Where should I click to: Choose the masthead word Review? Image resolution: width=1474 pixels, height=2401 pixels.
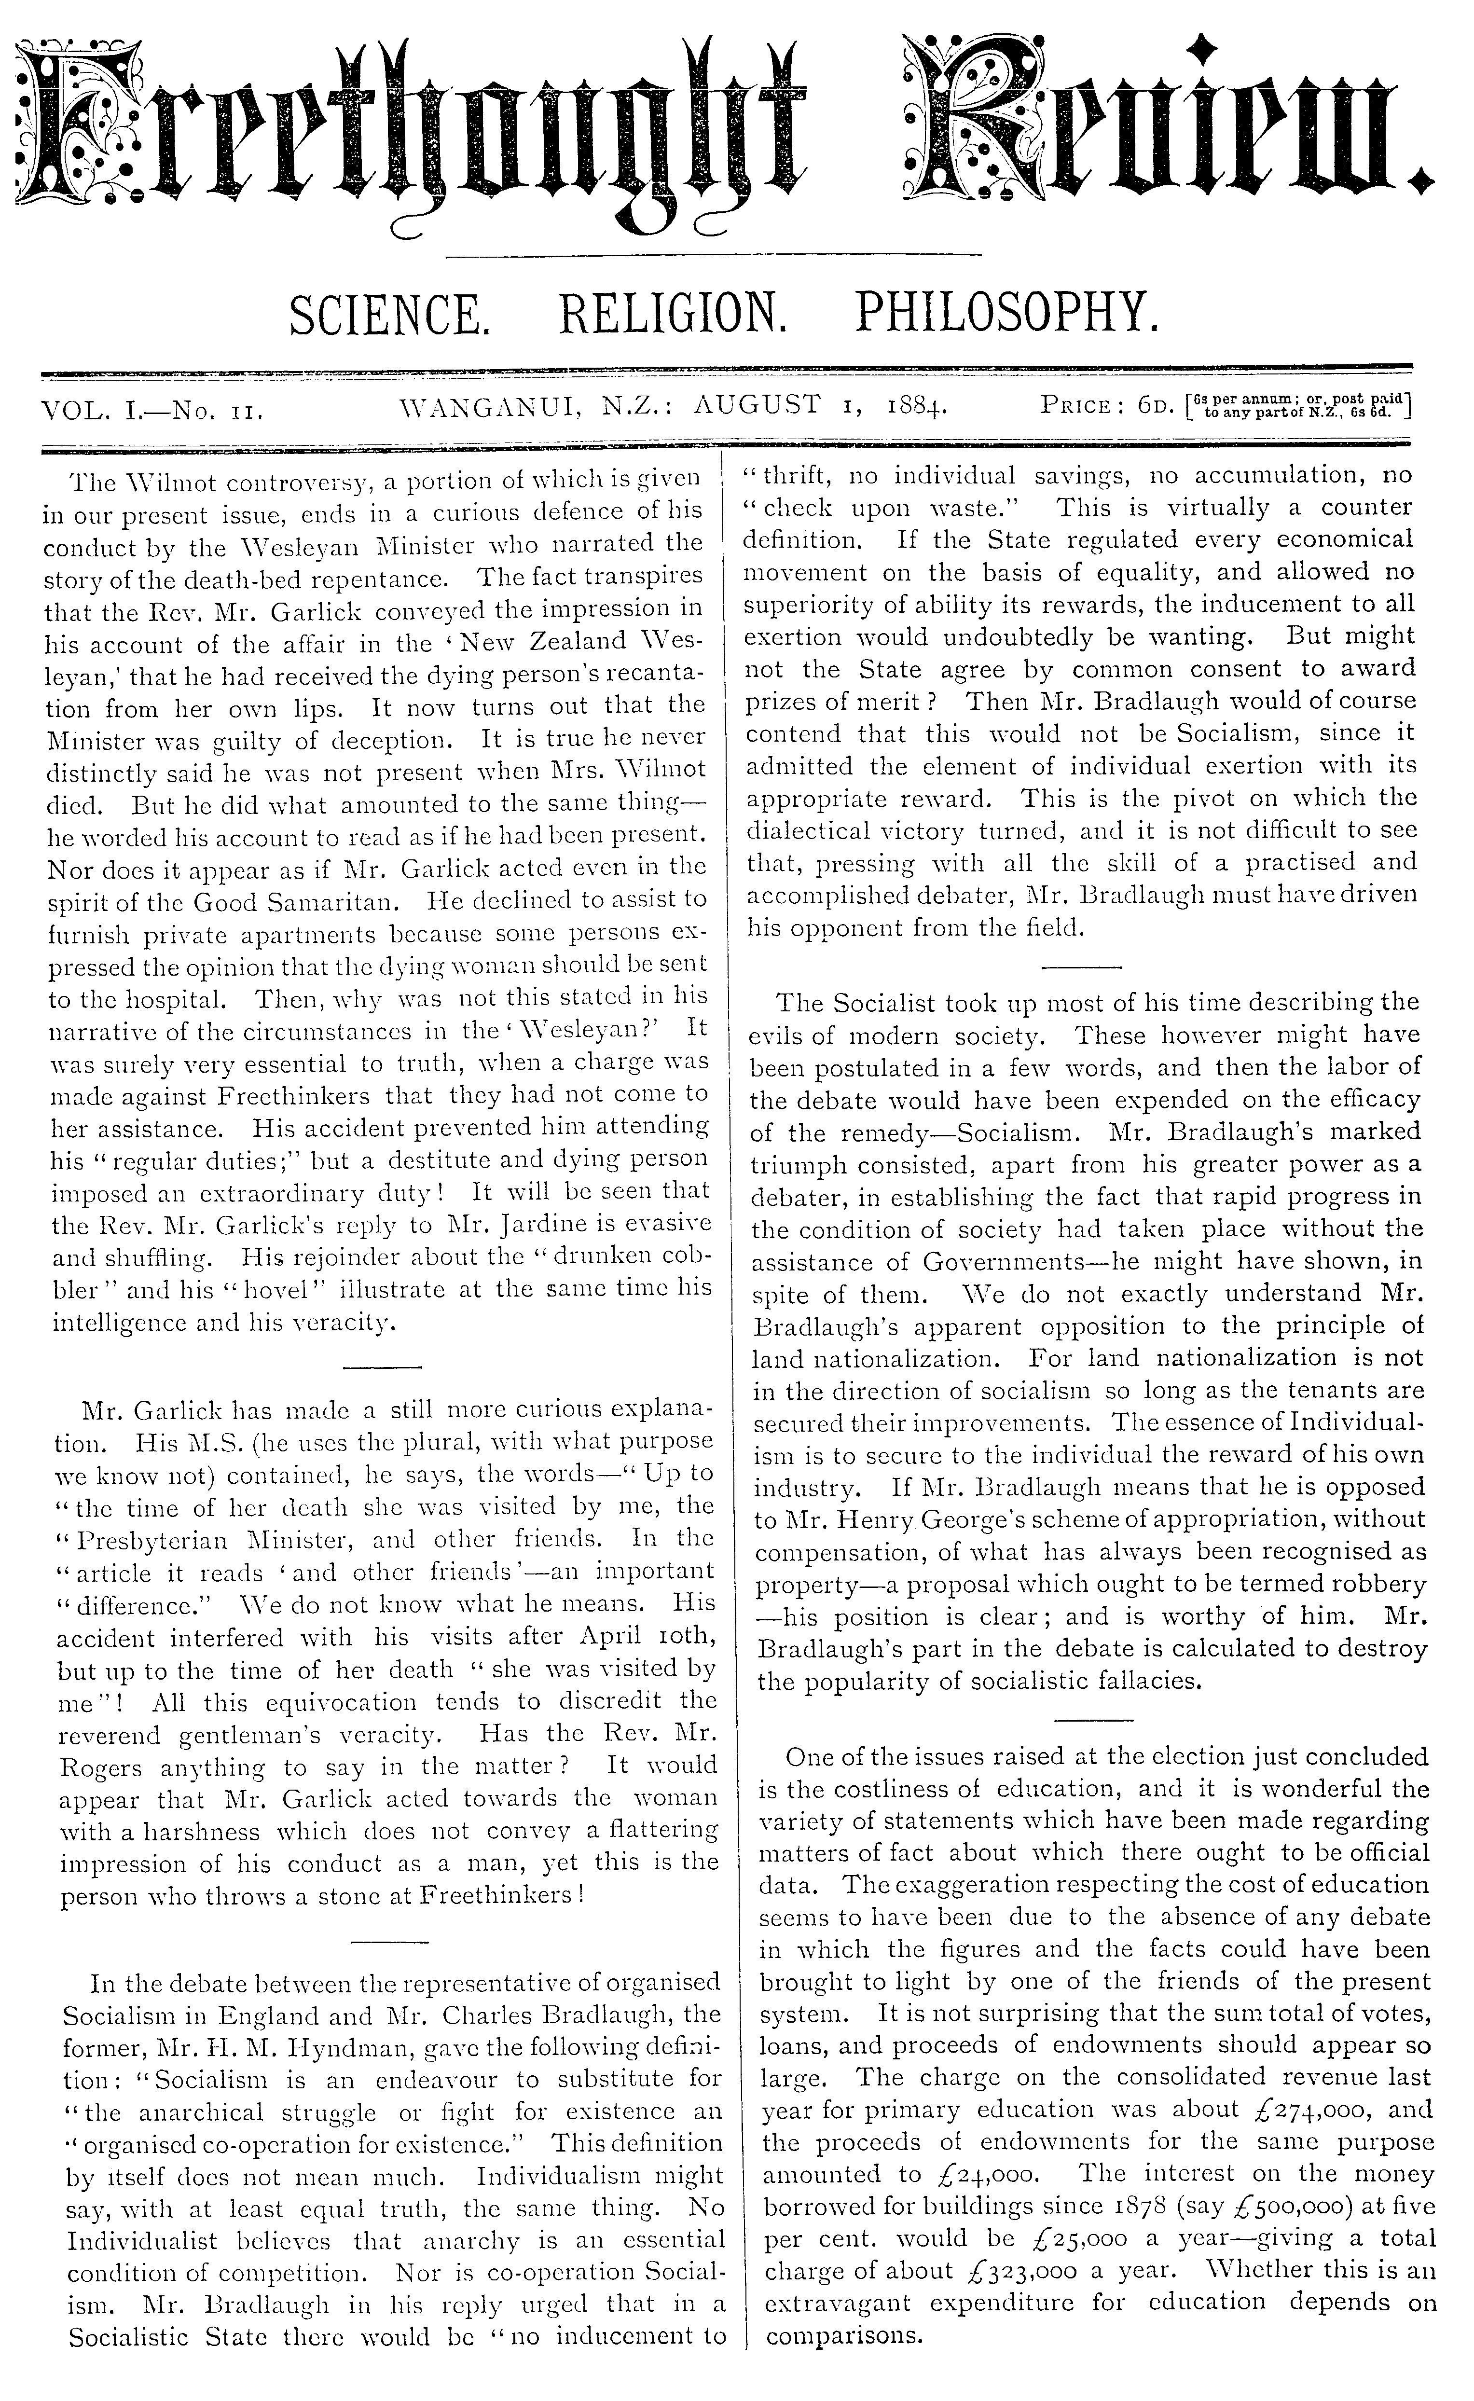click(1165, 127)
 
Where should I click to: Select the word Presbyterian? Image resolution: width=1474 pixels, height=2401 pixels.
click(165, 1540)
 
